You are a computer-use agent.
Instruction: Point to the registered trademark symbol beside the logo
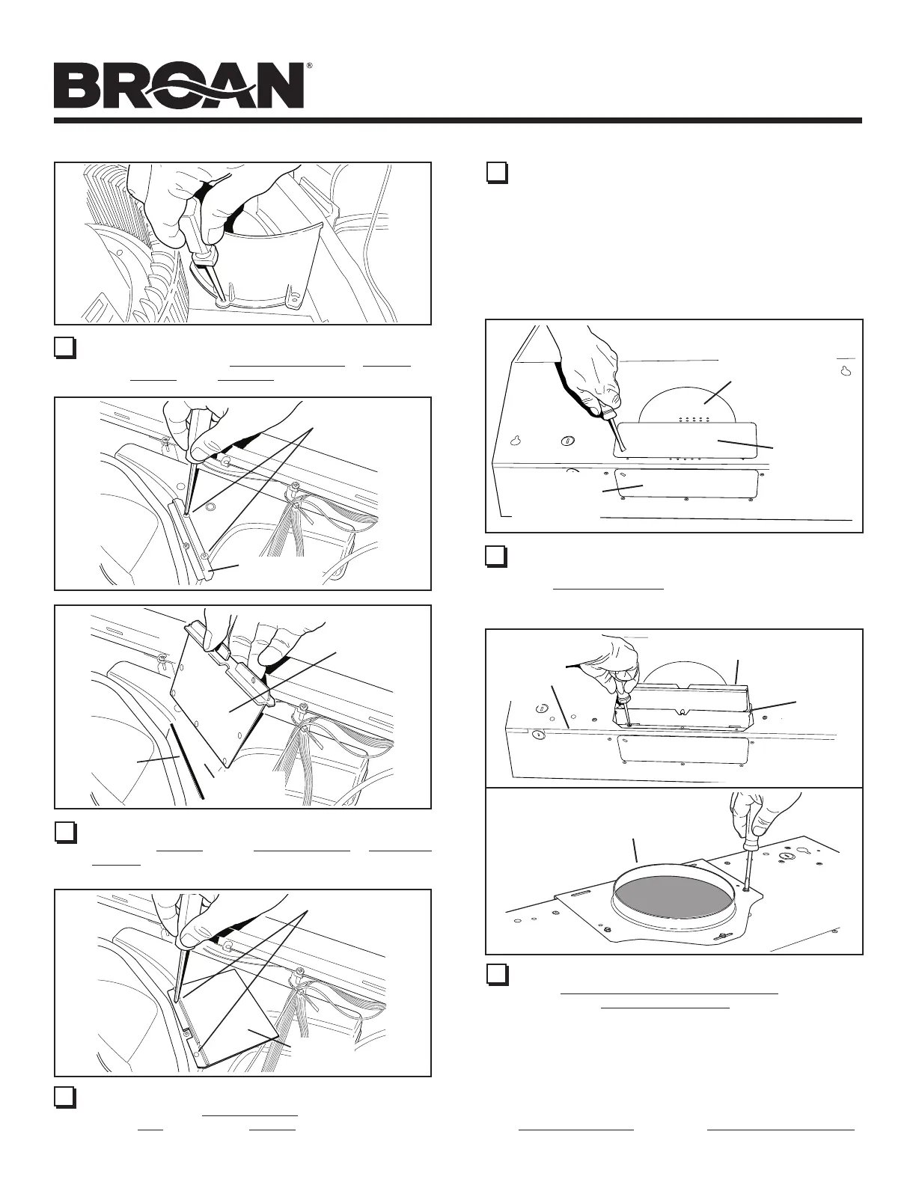click(309, 65)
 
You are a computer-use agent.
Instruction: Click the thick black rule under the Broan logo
click(458, 120)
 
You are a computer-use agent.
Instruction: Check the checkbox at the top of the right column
click(496, 173)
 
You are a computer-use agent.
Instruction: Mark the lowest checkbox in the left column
click(64, 1097)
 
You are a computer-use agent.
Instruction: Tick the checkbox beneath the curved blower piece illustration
click(64, 347)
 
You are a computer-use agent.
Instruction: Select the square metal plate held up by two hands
click(221, 703)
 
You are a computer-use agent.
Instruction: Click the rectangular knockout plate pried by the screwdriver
click(686, 440)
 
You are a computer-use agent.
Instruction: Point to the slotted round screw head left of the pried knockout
click(568, 440)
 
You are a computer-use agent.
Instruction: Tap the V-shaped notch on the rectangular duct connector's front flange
click(681, 712)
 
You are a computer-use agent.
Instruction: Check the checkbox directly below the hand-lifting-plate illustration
click(64, 833)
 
